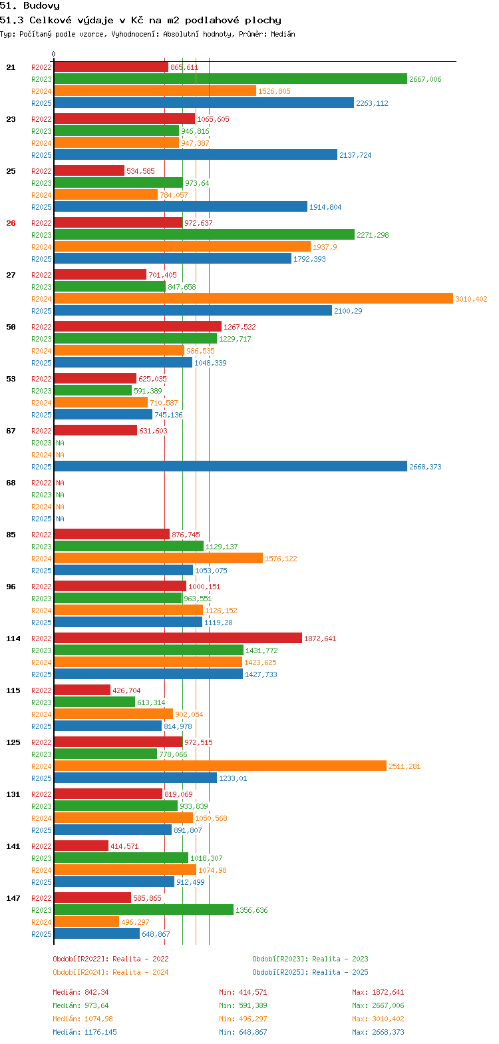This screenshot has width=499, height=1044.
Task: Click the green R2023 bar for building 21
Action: coord(230,79)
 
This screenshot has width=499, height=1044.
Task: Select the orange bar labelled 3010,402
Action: coord(253,299)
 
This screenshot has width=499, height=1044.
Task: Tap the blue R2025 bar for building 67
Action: coord(230,467)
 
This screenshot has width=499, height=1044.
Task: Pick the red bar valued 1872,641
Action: coord(178,639)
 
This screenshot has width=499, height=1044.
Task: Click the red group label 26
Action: coord(11,223)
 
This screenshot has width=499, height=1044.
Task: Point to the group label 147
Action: coord(13,898)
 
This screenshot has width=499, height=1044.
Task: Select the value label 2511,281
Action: coord(405,766)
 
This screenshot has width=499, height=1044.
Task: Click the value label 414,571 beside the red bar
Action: coord(125,846)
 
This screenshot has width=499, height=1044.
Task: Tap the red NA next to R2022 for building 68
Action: coord(60,483)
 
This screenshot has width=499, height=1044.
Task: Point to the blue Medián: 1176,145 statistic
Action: coord(84,1032)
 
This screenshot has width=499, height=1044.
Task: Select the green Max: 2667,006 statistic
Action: coord(378,1005)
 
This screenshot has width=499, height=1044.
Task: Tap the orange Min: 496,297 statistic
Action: coord(243,1019)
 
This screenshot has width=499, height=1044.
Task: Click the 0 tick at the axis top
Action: coord(54,55)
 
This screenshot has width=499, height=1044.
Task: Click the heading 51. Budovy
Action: coord(30,5)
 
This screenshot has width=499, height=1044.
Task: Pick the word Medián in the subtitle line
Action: coord(283,34)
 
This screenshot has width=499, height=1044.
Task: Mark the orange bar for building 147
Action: coord(86,922)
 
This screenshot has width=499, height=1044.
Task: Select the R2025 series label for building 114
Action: coord(41,674)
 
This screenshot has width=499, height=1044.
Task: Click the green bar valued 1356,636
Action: coord(144,910)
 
